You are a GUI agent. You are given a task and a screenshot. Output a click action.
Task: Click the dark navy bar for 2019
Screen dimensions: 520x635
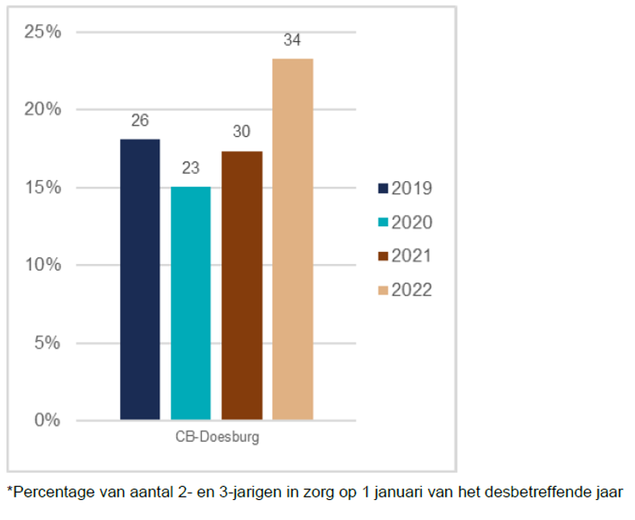140,279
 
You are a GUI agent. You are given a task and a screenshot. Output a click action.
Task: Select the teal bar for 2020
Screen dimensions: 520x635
191,303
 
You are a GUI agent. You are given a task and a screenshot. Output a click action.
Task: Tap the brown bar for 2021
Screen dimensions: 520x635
241,285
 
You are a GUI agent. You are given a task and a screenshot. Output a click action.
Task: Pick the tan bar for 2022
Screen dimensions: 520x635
292,239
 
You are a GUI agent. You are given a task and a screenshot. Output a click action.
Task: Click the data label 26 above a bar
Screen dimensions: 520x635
140,121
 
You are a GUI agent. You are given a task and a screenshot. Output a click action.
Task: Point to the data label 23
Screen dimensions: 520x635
191,168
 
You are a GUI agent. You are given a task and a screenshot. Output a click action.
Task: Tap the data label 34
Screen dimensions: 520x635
292,40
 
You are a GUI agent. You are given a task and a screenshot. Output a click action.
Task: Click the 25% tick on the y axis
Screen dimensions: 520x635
43,32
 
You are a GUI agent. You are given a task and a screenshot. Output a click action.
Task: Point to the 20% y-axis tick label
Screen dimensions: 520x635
43,109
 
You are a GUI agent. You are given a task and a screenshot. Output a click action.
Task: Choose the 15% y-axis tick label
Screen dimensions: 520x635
43,188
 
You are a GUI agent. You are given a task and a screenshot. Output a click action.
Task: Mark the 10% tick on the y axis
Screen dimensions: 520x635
43,265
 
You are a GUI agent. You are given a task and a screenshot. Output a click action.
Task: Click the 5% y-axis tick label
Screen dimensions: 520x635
47,343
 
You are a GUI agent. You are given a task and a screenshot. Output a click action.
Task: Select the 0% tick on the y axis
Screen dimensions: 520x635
47,420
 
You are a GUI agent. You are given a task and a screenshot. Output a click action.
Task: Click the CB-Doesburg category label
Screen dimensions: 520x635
216,438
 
